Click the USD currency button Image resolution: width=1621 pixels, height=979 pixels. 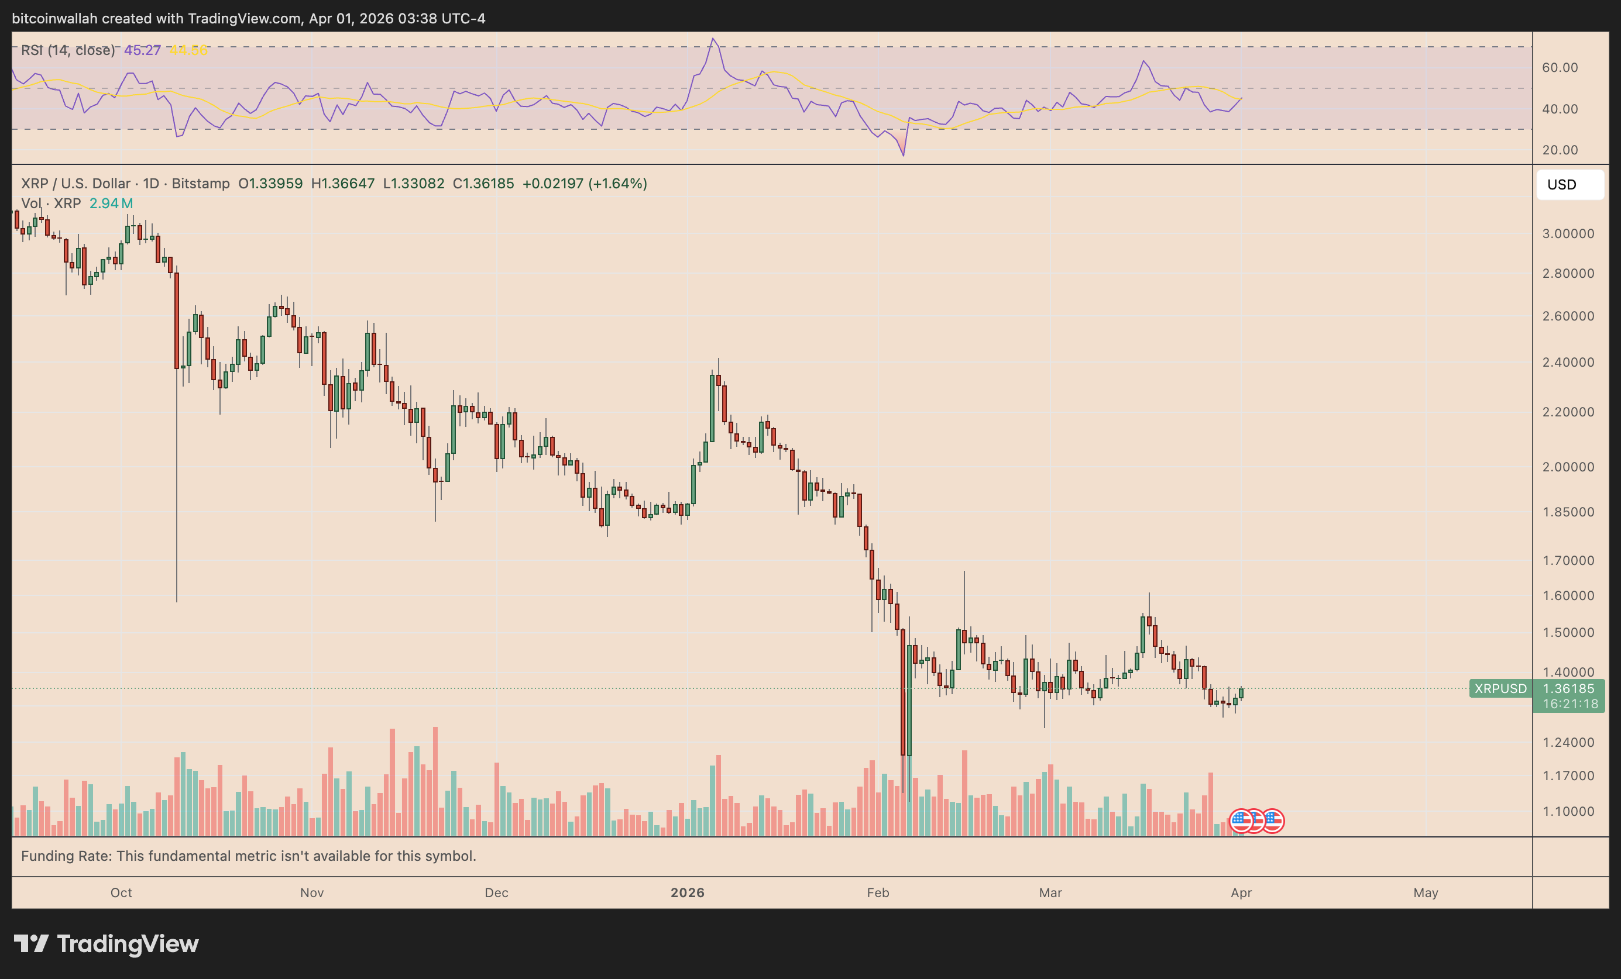click(x=1569, y=185)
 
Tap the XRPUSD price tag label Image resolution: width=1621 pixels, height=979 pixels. click(x=1500, y=688)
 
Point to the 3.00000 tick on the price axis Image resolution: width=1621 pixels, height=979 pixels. click(x=1568, y=233)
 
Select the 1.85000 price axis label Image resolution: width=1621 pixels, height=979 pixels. click(x=1568, y=512)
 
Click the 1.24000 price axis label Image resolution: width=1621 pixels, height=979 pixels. click(x=1568, y=742)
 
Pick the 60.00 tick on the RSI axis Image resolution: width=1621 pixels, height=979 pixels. click(x=1559, y=68)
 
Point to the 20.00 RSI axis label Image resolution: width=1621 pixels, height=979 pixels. click(x=1559, y=150)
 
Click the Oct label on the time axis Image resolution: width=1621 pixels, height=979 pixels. click(x=121, y=892)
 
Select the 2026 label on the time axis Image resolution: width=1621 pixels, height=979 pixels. click(x=688, y=892)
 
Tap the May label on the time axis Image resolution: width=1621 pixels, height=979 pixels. click(x=1426, y=892)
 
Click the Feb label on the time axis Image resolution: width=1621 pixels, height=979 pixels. click(x=878, y=892)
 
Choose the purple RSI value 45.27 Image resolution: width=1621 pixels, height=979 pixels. click(x=142, y=50)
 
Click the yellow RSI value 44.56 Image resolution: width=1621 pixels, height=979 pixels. click(x=189, y=50)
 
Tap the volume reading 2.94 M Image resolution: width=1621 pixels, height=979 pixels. click(x=111, y=203)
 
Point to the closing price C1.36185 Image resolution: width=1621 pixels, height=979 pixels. click(x=483, y=184)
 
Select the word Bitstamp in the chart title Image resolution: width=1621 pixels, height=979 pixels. click(x=201, y=184)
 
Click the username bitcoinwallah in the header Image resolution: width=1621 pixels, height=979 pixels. click(x=54, y=18)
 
